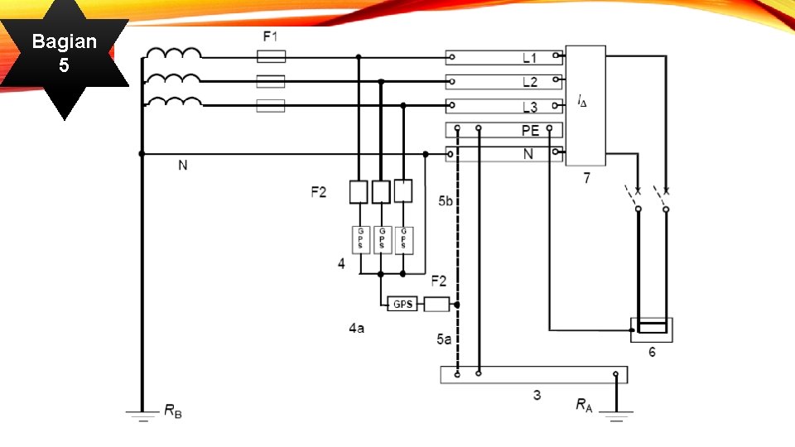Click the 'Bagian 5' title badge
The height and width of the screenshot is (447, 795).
pyautogui.click(x=64, y=52)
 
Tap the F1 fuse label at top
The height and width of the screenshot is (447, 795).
pyautogui.click(x=271, y=36)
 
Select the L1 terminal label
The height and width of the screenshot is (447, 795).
pyautogui.click(x=529, y=58)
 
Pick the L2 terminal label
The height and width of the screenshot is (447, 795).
pyautogui.click(x=529, y=82)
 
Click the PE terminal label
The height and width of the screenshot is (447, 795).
pyautogui.click(x=530, y=131)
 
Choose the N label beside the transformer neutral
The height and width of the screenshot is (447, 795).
pyautogui.click(x=183, y=166)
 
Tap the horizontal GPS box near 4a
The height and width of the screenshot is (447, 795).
pyautogui.click(x=402, y=304)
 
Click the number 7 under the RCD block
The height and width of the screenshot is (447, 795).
pyautogui.click(x=586, y=178)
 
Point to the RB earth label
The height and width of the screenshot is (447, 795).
pyautogui.click(x=172, y=410)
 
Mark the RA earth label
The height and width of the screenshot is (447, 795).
pyautogui.click(x=585, y=405)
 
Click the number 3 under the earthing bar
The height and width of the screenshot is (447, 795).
pyautogui.click(x=537, y=396)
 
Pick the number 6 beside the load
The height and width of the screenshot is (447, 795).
pyautogui.click(x=652, y=353)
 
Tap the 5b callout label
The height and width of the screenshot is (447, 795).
pyautogui.click(x=446, y=201)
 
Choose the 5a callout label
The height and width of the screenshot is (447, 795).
pyautogui.click(x=445, y=339)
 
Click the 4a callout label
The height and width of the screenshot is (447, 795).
pyautogui.click(x=356, y=328)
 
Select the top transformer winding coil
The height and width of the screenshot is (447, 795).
pyautogui.click(x=173, y=55)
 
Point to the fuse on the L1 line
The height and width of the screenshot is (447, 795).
pyautogui.click(x=271, y=57)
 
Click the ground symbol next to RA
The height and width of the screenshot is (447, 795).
pyautogui.click(x=615, y=414)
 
